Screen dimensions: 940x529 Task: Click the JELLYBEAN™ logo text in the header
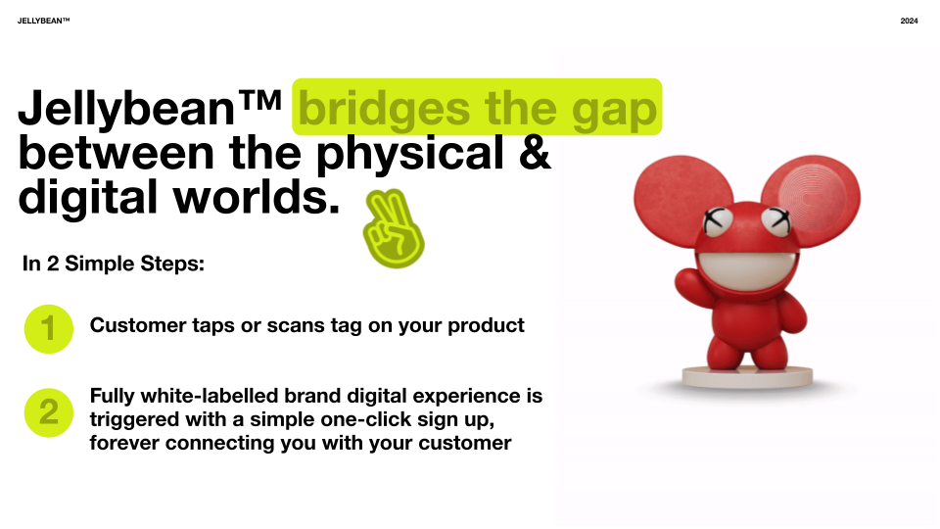coord(44,21)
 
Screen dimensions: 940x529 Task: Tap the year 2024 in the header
coord(909,21)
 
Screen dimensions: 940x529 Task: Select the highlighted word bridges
coord(384,109)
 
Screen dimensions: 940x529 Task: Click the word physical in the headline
coord(409,154)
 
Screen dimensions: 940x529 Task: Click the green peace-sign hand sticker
coord(394,228)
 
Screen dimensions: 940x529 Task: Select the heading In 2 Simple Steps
coord(114,264)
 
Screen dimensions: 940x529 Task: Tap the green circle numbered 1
coord(49,329)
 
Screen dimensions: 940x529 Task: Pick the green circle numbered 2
coord(49,412)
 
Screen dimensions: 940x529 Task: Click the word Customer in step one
coord(138,325)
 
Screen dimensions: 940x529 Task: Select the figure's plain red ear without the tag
coord(682,199)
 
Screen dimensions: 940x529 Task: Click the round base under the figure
coord(747,377)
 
